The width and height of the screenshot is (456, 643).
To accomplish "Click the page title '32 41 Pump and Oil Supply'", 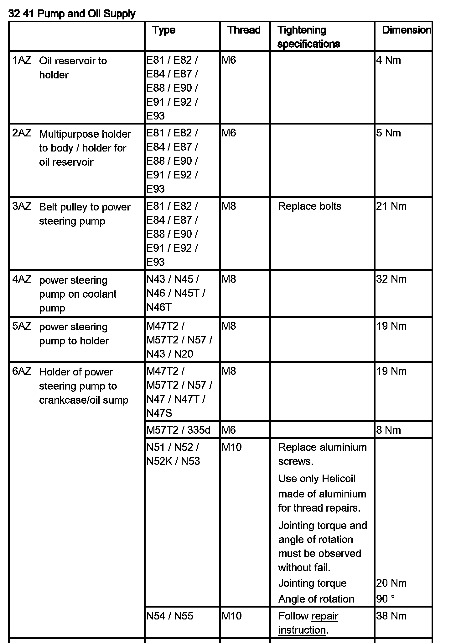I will click(72, 14).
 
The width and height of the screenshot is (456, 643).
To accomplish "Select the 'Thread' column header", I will click(244, 30).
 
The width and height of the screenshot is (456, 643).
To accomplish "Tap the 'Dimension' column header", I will click(406, 30).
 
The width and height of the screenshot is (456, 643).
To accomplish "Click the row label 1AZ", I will click(22, 60).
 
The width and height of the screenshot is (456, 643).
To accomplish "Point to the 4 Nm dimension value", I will click(388, 60).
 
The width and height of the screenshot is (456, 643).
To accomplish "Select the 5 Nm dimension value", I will click(388, 133).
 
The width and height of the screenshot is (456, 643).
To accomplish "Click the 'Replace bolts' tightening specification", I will click(309, 206).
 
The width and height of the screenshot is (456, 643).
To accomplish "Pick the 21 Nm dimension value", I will click(391, 206).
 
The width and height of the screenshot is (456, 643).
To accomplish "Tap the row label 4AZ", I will click(22, 279).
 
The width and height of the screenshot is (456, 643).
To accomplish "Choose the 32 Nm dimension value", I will click(391, 279).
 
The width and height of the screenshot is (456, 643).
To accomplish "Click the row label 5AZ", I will click(22, 326).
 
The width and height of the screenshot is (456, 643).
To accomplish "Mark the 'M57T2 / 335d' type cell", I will click(179, 430).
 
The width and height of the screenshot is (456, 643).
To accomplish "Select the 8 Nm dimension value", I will click(388, 430).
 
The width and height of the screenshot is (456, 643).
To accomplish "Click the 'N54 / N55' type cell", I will click(170, 616).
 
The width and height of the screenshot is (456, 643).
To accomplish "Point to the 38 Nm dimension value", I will click(391, 616).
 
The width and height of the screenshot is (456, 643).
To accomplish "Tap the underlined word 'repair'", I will click(325, 616).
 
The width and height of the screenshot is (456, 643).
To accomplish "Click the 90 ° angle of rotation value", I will click(385, 599).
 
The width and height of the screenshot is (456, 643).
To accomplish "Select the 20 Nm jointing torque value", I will click(391, 583).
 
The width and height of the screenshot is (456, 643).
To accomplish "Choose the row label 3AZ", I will click(22, 206).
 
